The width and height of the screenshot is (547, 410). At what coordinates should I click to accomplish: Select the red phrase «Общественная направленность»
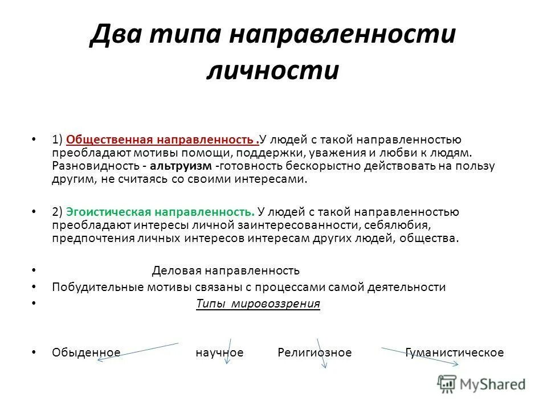160,140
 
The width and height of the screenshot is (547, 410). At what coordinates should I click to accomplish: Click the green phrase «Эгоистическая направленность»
160,212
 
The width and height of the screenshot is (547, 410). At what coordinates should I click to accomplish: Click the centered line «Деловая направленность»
226,270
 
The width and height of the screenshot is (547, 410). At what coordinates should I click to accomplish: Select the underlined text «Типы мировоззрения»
258,304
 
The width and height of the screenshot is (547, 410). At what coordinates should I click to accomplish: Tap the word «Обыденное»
86,352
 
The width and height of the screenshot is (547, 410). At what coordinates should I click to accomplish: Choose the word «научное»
219,352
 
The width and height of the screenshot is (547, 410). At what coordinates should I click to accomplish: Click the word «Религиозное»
315,352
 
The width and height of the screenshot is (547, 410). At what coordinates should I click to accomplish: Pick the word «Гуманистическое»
455,352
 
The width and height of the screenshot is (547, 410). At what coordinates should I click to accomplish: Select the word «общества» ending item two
429,238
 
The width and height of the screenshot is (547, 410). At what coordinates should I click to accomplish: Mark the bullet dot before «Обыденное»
35,352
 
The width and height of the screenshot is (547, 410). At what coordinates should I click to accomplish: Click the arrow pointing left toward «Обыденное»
137,351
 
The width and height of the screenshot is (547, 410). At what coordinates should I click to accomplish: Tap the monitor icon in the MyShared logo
447,383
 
